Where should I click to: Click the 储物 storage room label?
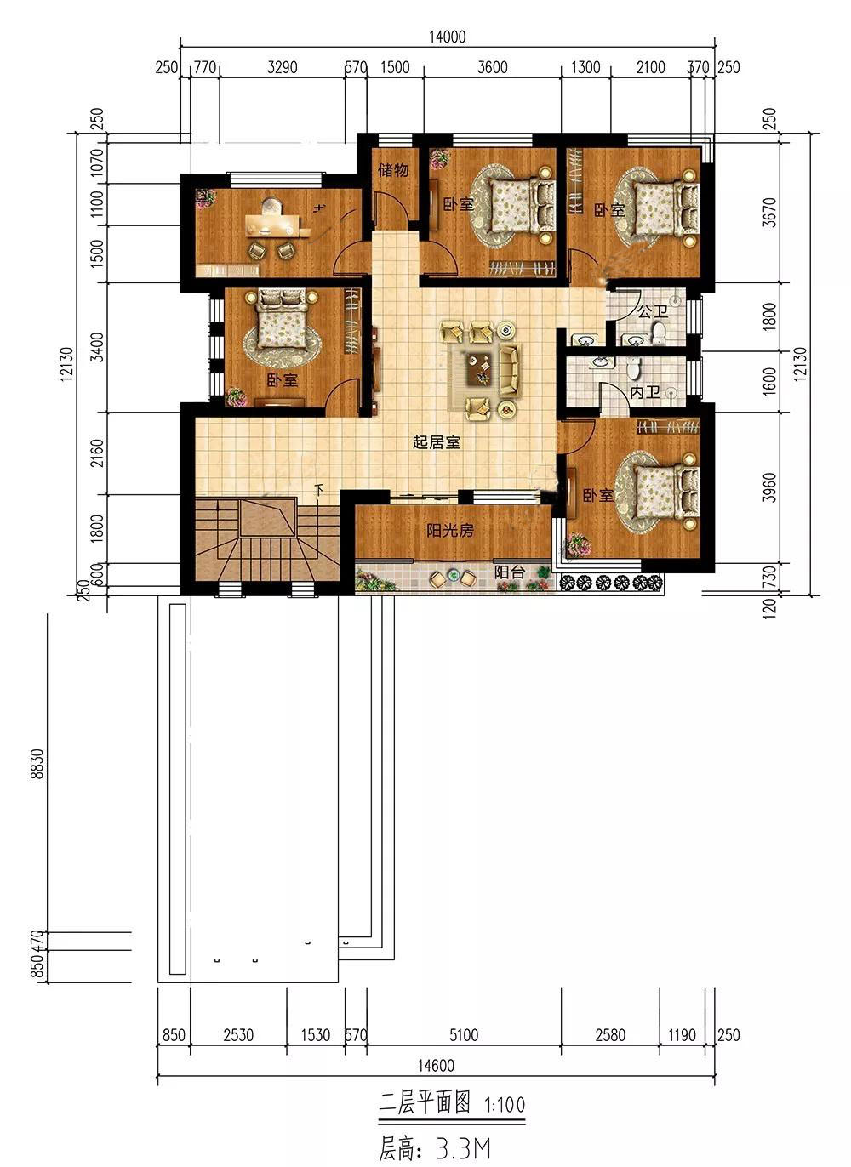tap(393, 170)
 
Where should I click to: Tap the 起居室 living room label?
tap(437, 442)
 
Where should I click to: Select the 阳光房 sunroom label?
tap(450, 531)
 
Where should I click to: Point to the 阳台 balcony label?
tap(509, 572)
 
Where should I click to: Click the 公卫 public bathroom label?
tap(653, 311)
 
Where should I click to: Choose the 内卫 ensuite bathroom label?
tap(645, 392)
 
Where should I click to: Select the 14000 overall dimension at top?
tap(447, 37)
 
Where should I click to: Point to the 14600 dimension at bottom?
tap(436, 1066)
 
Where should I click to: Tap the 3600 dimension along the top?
tap(492, 67)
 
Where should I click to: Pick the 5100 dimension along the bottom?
tap(463, 1034)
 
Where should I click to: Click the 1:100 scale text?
tap(505, 1104)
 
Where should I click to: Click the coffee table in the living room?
tap(479, 368)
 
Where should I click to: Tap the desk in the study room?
tap(273, 225)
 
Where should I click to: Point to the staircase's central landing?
tap(267, 517)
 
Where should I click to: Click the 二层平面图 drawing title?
tap(425, 1102)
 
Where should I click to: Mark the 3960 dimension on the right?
tap(768, 487)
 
